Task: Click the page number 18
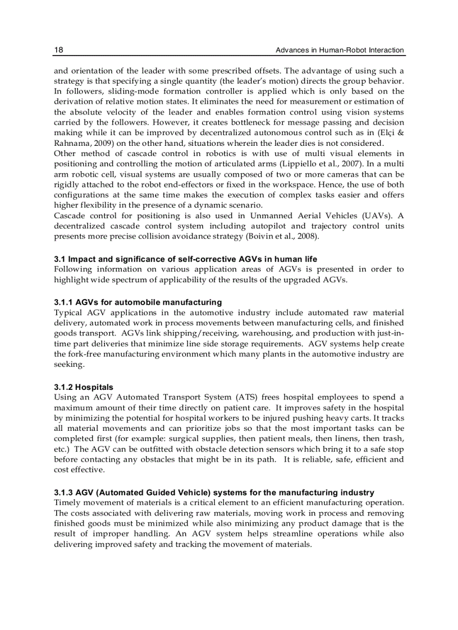coord(58,50)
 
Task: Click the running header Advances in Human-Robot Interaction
coord(340,50)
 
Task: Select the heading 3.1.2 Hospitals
coord(84,387)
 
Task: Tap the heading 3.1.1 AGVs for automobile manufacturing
coord(138,302)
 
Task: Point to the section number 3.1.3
coord(63,493)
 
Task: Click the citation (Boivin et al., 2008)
coord(283,236)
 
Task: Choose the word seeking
coord(70,364)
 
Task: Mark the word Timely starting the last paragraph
coord(67,502)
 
